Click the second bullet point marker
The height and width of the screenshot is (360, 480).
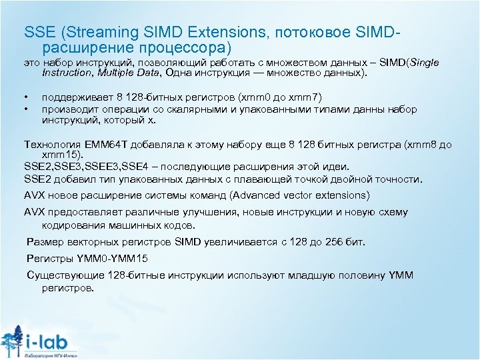point(25,109)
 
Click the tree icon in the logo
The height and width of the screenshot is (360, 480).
point(13,341)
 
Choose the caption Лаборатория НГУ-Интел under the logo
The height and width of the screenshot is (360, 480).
point(50,355)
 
